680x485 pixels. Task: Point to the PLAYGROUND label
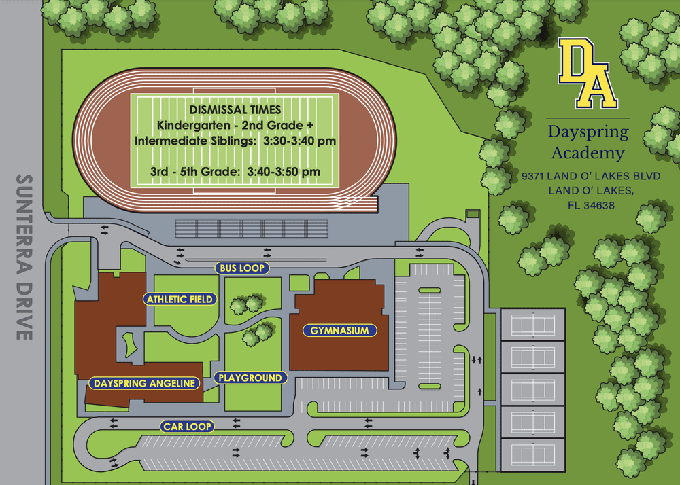coord(250,378)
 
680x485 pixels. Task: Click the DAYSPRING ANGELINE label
coord(145,383)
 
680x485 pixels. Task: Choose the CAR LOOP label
coord(188,427)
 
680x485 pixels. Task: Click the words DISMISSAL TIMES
coord(235,110)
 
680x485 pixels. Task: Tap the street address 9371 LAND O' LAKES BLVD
coord(591,176)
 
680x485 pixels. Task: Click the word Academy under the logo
coord(588,152)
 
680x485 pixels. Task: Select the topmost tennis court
coord(532,324)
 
